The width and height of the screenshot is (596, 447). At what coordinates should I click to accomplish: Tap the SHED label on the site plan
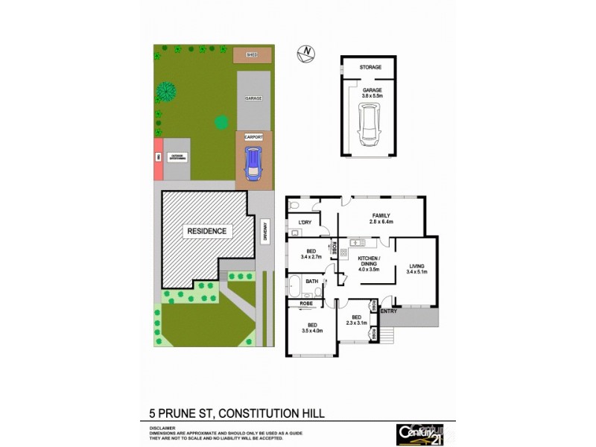252,54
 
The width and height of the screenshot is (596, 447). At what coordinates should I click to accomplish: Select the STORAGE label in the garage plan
370,67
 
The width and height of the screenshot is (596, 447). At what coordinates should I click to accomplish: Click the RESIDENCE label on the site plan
206,231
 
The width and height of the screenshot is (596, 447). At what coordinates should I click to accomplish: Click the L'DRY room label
304,223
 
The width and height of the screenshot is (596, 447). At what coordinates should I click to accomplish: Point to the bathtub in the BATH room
296,286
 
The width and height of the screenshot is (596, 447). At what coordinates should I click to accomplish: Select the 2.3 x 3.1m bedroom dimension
354,322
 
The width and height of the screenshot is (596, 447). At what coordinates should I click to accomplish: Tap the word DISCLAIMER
162,428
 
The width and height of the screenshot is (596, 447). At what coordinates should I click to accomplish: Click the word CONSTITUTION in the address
254,412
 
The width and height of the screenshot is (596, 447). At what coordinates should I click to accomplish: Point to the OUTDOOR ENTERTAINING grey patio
179,157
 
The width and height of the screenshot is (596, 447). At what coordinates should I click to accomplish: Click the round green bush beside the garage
221,122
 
